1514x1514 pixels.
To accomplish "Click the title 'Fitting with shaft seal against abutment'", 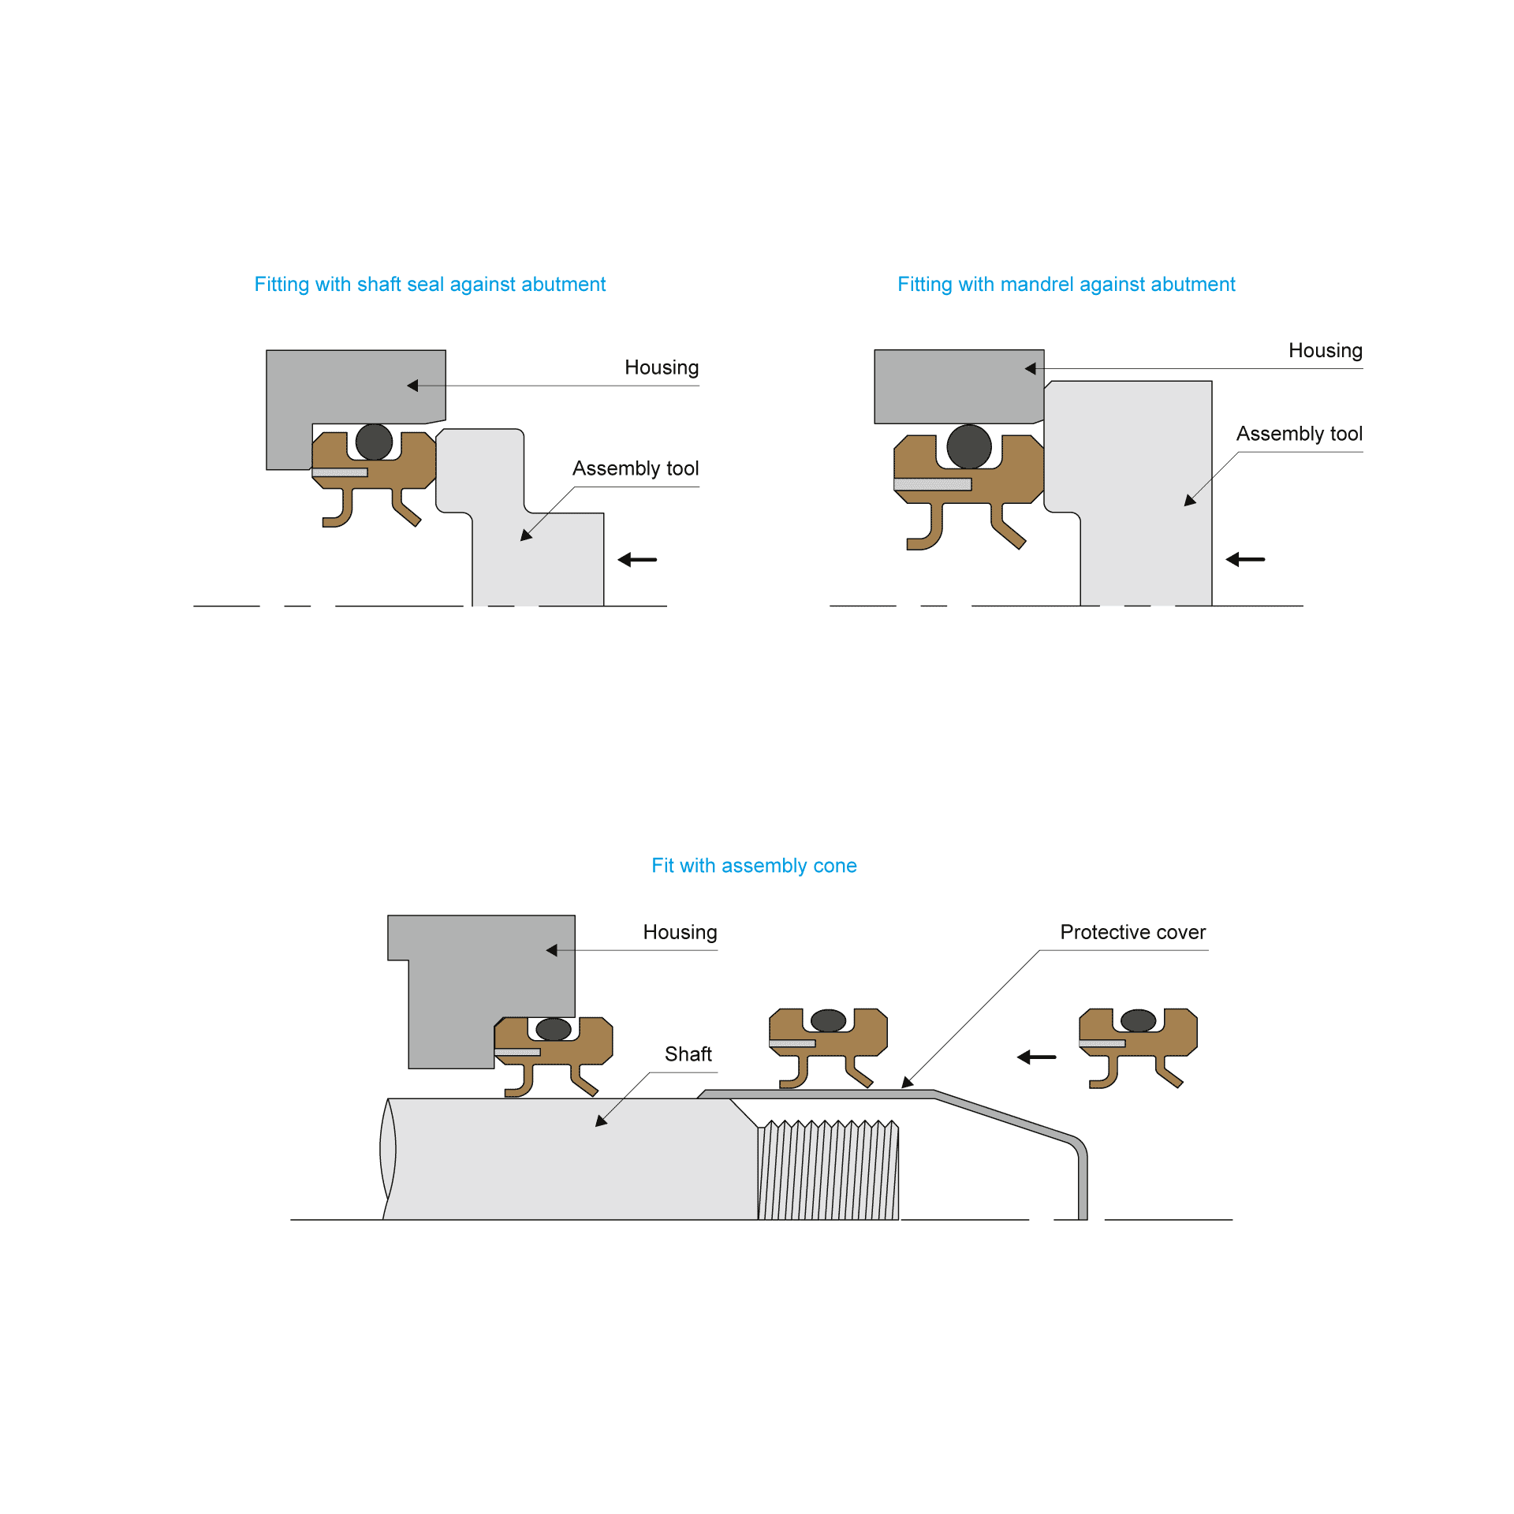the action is pyautogui.click(x=430, y=285).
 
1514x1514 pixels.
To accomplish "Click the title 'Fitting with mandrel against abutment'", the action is pyautogui.click(x=1066, y=285).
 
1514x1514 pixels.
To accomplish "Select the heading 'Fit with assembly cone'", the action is pyautogui.click(x=754, y=866).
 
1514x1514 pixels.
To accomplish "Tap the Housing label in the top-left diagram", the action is pyautogui.click(x=662, y=367).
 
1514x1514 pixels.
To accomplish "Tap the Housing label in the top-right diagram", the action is pyautogui.click(x=1326, y=350).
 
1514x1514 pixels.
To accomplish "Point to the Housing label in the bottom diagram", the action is pyautogui.click(x=680, y=932).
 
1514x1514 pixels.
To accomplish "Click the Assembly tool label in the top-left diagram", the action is pyautogui.click(x=636, y=468).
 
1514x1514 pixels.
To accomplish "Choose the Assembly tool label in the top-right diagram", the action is pyautogui.click(x=1300, y=434).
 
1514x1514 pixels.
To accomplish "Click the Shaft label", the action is pyautogui.click(x=688, y=1054).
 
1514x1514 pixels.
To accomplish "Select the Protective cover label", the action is pyautogui.click(x=1133, y=932).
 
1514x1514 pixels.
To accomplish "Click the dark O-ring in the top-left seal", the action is pyautogui.click(x=374, y=442).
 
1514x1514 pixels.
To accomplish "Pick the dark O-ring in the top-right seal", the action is pyautogui.click(x=969, y=446).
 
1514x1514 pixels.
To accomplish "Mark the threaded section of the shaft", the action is pyautogui.click(x=828, y=1169).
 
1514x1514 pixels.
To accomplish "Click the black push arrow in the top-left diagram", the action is pyautogui.click(x=637, y=560).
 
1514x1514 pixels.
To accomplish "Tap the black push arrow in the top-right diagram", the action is pyautogui.click(x=1245, y=559).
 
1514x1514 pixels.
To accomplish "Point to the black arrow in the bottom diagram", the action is pyautogui.click(x=1036, y=1057).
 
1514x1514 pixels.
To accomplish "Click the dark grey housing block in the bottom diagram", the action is pyautogui.click(x=473, y=978).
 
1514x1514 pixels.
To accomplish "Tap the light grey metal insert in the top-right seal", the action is pyautogui.click(x=933, y=484).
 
